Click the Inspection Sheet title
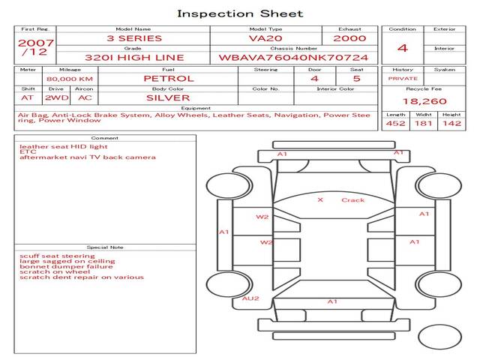[240, 13]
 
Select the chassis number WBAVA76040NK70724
[293, 58]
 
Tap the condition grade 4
[403, 48]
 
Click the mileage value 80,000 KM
[69, 79]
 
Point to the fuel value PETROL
[168, 78]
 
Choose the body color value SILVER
[168, 97]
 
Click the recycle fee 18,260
[424, 101]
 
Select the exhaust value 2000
[349, 38]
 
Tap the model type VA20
[265, 38]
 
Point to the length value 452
[395, 123]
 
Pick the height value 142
[451, 123]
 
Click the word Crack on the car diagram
[352, 200]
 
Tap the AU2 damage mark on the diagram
[250, 298]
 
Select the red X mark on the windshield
[320, 200]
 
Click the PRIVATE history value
[403, 78]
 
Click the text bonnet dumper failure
[66, 266]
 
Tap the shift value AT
[28, 97]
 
